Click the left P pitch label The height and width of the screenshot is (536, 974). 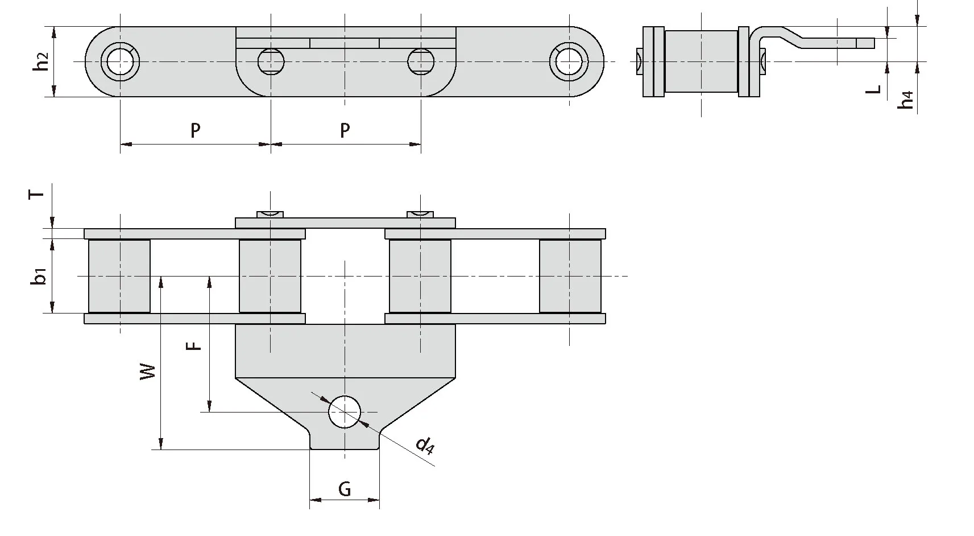coord(195,131)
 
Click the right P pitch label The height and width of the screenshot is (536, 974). coord(345,131)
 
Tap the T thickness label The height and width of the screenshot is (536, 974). coord(36,195)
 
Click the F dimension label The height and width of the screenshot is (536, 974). coord(195,345)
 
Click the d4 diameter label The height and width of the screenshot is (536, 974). coord(425,446)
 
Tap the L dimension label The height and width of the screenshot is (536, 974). coord(875,89)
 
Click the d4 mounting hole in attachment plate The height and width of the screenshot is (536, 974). coord(345,411)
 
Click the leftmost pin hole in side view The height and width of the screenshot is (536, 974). coord(120,61)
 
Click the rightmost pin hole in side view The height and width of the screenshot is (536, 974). coord(569,61)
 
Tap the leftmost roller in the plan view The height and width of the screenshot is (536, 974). coord(119,276)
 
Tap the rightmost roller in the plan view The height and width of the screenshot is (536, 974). coord(570,276)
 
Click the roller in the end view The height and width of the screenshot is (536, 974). coord(701,61)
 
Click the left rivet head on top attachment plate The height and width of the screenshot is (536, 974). coord(270,214)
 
